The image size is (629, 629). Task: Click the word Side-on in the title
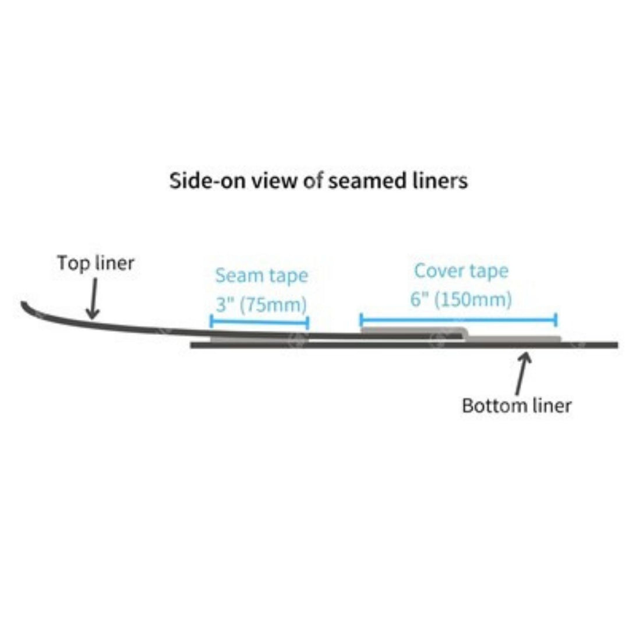pos(207,181)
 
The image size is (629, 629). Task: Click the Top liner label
pos(96,264)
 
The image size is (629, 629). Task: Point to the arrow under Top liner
pos(93,299)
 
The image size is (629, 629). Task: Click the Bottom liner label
pos(517,405)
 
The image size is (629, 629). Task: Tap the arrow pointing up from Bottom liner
pos(522,373)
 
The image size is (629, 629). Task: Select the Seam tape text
pos(262,275)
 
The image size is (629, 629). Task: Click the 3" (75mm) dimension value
pos(262,305)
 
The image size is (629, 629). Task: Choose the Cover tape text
pos(461,271)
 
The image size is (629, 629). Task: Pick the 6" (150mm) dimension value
pos(461,299)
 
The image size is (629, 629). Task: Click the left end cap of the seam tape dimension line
pos(211,321)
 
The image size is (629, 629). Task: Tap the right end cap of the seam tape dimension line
pos(308,323)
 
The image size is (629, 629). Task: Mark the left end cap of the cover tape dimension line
pos(362,320)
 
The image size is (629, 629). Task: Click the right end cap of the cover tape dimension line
pos(556,320)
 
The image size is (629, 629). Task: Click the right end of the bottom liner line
pos(617,345)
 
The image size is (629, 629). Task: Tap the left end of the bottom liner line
pos(192,345)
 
